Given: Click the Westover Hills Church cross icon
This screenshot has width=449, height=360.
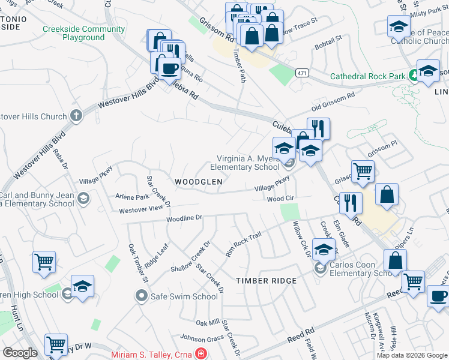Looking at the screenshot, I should [x=76, y=116].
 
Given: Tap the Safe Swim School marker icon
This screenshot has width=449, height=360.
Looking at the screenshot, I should [x=142, y=296].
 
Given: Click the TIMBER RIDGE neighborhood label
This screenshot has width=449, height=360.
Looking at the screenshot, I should [x=266, y=281].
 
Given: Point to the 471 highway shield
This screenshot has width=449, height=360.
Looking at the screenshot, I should [x=302, y=73].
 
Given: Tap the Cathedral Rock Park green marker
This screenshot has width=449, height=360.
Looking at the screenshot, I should [x=413, y=76].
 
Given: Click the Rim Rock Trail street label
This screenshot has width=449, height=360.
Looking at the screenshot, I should [x=243, y=244].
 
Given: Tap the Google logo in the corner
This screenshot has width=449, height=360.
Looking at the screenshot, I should [x=20, y=353].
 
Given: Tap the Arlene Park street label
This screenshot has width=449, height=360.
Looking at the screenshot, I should [x=133, y=197].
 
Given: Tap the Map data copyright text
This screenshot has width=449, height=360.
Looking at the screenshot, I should [x=412, y=355].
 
